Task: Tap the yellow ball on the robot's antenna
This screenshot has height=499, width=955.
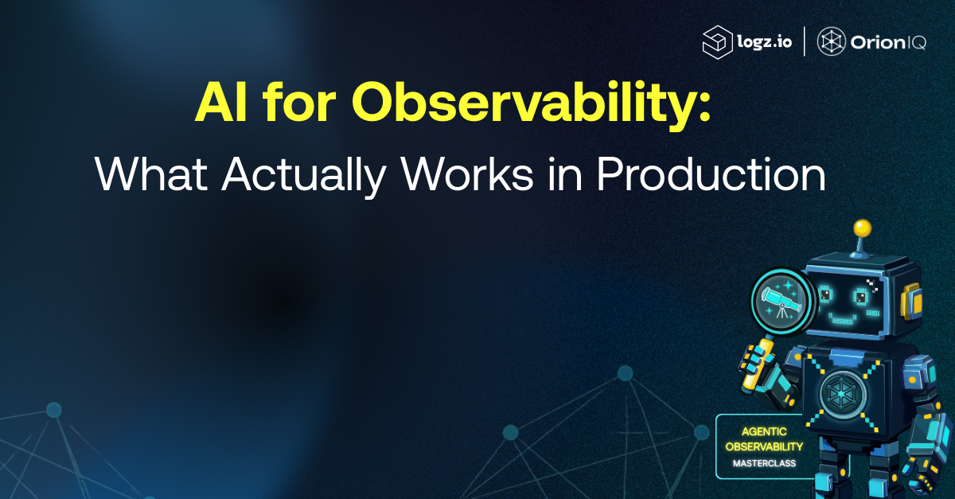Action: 862,228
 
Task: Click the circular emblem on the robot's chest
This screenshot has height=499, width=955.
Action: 841,395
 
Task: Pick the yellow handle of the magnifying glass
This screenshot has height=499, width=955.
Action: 755,363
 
